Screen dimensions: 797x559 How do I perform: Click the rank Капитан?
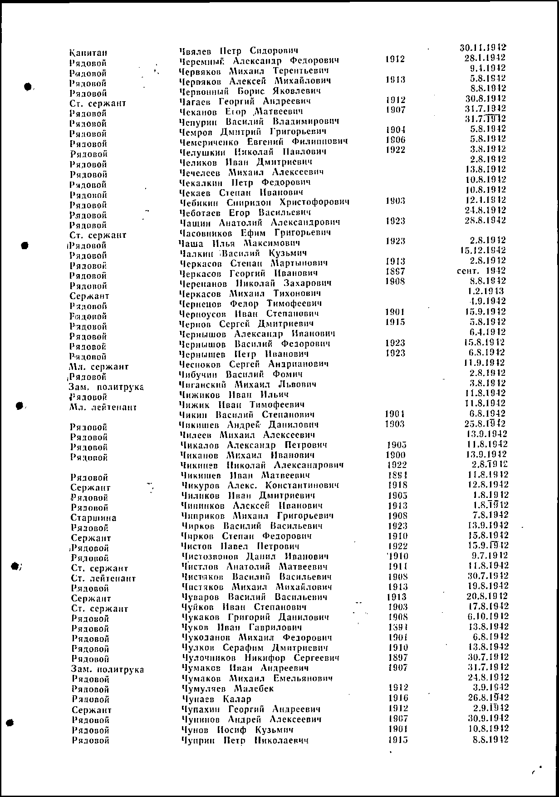[x=88, y=53]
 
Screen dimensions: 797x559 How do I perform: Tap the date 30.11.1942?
[x=483, y=47]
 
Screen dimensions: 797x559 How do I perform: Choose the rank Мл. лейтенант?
[x=103, y=408]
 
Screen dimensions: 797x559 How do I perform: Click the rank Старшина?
[x=93, y=518]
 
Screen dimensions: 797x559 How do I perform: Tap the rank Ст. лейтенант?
[x=103, y=579]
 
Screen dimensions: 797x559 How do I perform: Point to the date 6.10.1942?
[x=487, y=617]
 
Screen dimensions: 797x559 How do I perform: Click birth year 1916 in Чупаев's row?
[x=398, y=699]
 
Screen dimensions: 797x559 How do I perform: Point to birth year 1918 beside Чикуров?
[x=398, y=485]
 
